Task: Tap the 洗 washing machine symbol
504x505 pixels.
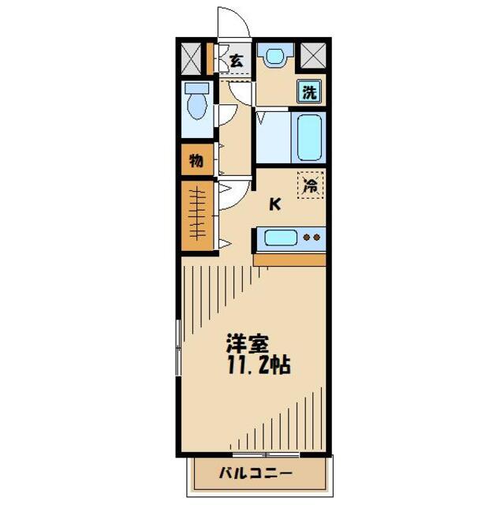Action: tap(310, 91)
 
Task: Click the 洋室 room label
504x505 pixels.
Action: tap(247, 345)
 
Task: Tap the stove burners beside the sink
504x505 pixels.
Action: tap(313, 238)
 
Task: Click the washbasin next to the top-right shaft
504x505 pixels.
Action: tap(274, 56)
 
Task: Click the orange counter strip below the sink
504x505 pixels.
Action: tap(289, 259)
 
